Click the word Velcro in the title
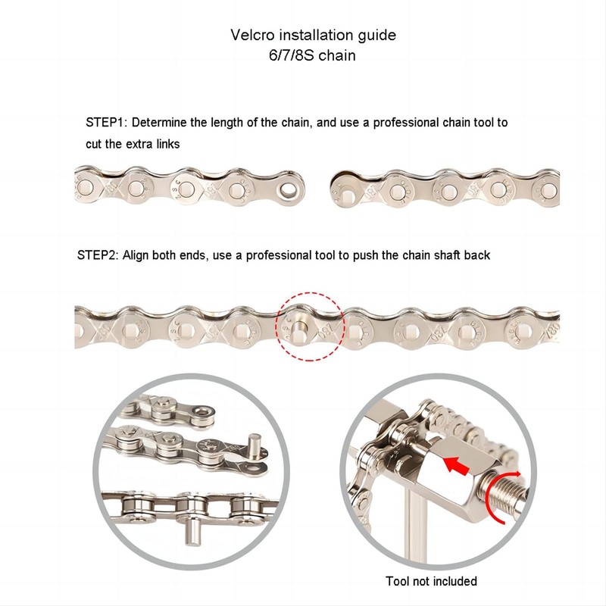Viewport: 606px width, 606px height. [252, 35]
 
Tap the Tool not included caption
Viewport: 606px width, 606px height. [431, 581]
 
